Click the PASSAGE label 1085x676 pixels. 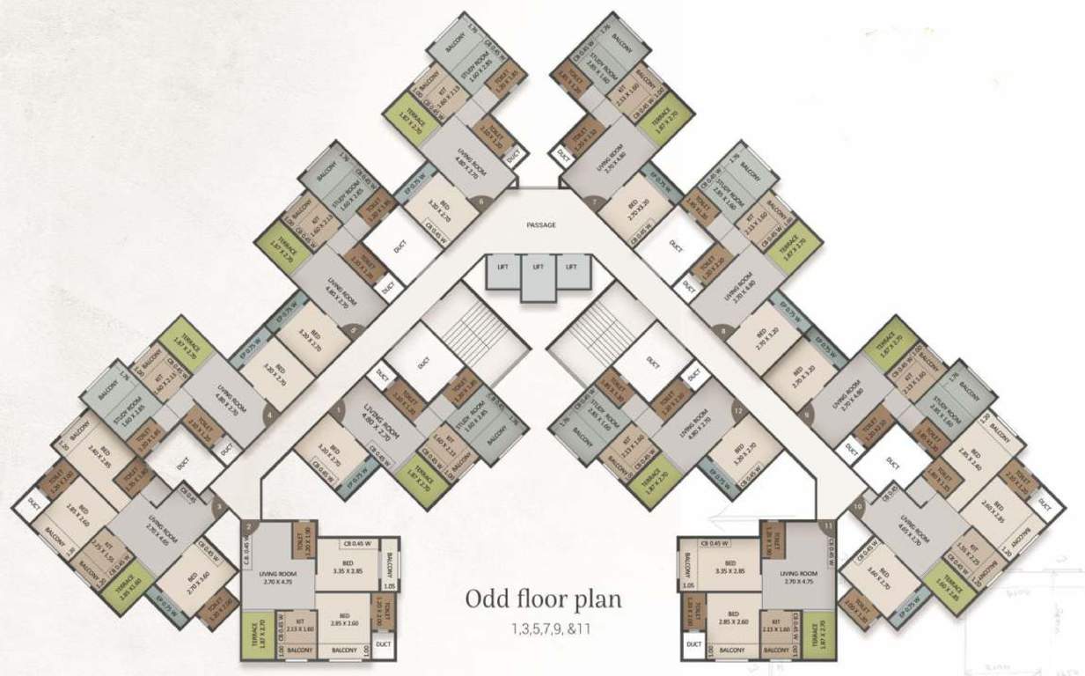click(x=541, y=225)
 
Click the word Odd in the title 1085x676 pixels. click(x=487, y=600)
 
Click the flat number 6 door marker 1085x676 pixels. click(x=480, y=201)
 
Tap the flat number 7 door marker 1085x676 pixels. click(x=596, y=202)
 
